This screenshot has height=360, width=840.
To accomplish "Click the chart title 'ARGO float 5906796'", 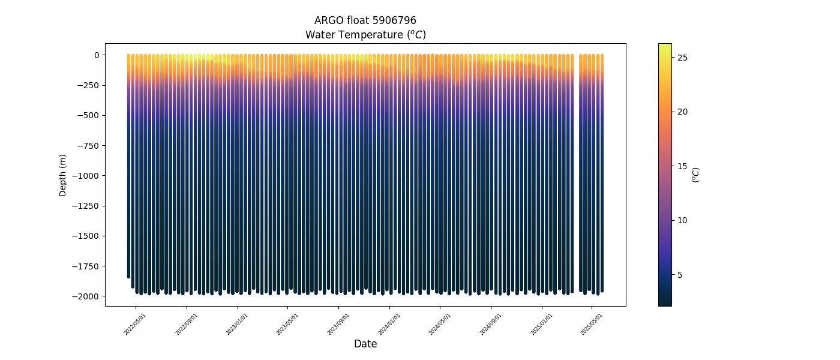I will point(365,20).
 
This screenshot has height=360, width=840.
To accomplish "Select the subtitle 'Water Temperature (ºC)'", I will point(365,35).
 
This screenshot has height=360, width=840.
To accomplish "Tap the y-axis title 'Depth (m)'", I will point(63,175).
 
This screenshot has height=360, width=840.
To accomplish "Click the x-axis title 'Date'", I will point(365,344).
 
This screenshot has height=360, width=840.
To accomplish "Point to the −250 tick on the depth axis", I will point(87,85).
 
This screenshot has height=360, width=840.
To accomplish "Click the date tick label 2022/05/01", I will point(135,324).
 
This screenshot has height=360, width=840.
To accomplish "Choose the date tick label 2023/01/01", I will point(237,324).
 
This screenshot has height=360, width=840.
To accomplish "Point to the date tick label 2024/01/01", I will point(389,324).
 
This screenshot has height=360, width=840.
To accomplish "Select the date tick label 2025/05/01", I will point(592,324).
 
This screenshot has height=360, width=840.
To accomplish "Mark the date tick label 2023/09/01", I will point(338,324).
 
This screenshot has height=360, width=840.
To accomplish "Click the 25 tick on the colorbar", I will point(682,58).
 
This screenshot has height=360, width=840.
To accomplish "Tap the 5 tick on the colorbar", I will point(680,275).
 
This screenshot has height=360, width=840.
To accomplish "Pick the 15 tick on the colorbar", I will point(682,166).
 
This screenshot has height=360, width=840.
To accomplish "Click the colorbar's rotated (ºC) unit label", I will point(696,175).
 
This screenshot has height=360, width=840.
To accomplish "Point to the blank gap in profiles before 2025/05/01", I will point(577,174).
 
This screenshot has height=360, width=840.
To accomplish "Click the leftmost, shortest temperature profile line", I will point(128,168).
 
